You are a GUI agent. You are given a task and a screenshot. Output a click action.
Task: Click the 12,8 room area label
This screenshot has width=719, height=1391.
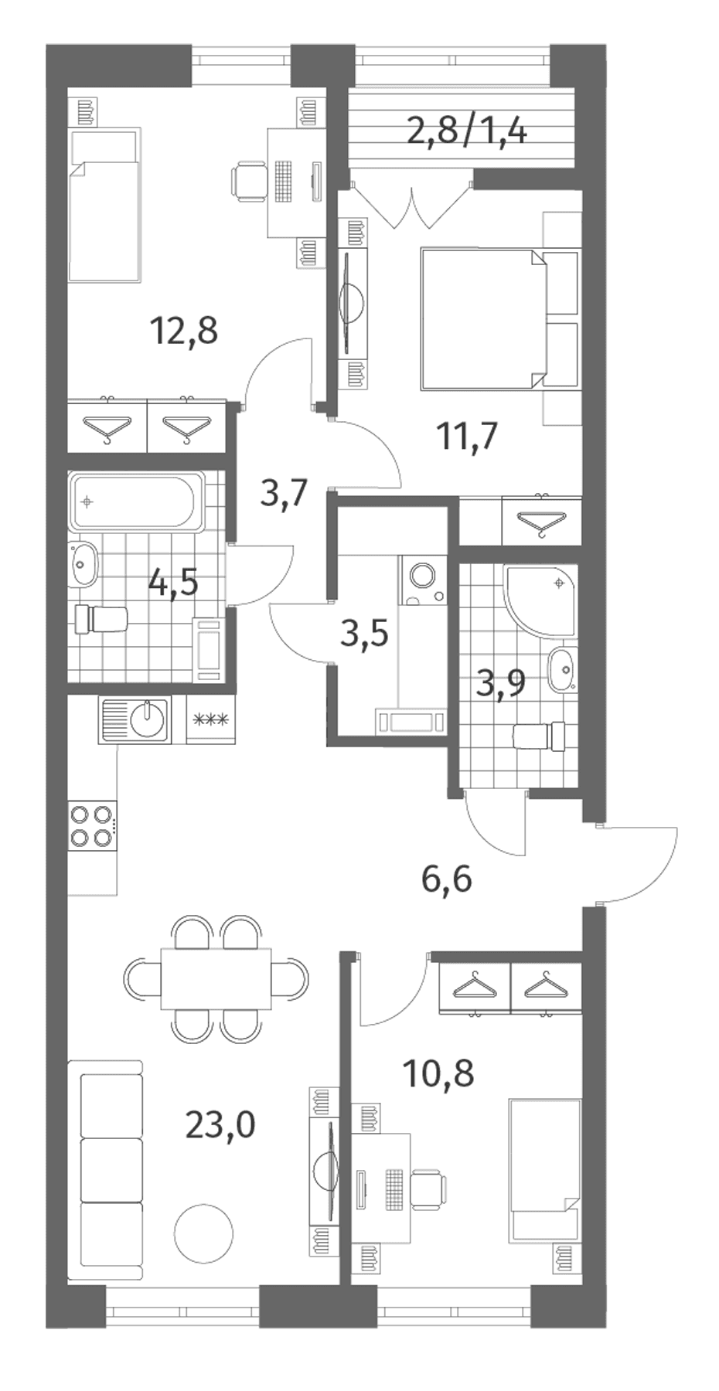coord(184,332)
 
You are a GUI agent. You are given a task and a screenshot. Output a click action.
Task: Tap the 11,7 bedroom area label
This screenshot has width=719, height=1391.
coord(467,437)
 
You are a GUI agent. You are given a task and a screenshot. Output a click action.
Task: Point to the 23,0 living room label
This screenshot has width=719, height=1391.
coord(220,1125)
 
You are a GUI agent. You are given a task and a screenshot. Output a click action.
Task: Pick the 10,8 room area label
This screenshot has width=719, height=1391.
coord(438,1073)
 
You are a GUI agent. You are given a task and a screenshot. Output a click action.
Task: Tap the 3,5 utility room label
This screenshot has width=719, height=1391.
coord(363,633)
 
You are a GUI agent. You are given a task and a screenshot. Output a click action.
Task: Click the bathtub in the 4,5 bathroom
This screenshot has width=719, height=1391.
coord(137,503)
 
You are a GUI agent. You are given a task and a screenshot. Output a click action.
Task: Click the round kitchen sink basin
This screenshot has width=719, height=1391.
coord(148,719)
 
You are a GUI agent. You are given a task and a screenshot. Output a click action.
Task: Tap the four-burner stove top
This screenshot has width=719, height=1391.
coord(92,825)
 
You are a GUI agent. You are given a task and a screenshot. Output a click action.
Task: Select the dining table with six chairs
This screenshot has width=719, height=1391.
coord(216,977)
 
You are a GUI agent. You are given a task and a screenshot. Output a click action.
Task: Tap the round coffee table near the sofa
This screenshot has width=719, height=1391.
coord(203,1232)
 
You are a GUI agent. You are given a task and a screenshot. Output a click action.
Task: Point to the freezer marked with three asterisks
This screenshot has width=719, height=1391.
coord(210,720)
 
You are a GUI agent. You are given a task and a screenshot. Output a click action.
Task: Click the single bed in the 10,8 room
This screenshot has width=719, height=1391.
coord(544,1171)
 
